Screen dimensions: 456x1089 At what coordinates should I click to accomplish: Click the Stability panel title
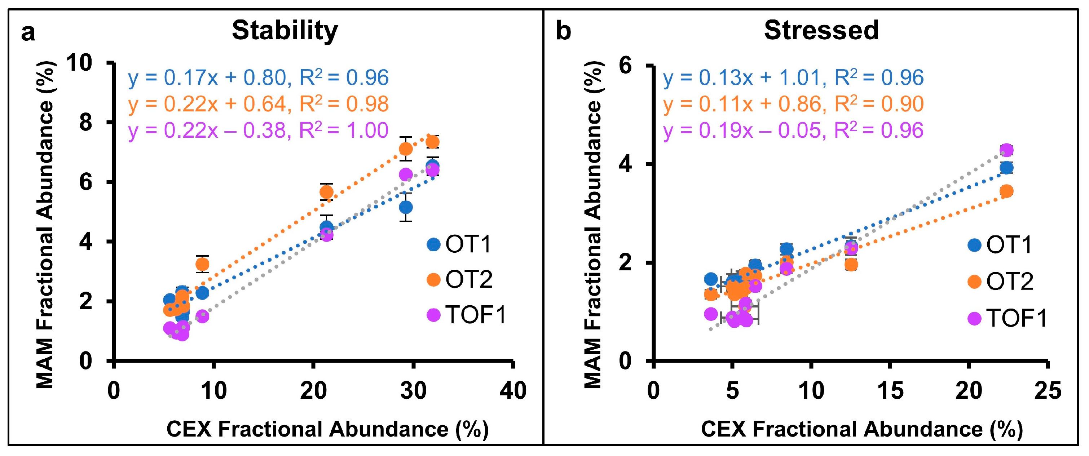pyautogui.click(x=285, y=30)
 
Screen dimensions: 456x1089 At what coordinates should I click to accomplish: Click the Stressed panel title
pyautogui.click(x=821, y=30)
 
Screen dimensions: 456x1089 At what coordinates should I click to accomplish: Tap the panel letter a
pyautogui.click(x=28, y=32)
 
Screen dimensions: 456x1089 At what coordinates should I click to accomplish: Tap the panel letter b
pyautogui.click(x=563, y=31)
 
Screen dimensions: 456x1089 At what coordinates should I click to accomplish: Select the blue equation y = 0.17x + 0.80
pyautogui.click(x=258, y=78)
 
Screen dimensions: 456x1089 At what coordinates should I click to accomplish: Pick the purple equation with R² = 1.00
pyautogui.click(x=258, y=130)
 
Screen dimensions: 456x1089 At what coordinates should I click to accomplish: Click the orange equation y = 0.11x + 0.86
pyautogui.click(x=793, y=104)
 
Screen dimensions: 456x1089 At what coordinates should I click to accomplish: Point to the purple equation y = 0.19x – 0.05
pyautogui.click(x=793, y=130)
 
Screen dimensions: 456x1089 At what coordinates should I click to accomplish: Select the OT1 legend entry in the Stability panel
pyautogui.click(x=460, y=244)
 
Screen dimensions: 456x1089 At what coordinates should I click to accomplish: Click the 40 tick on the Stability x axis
pyautogui.click(x=513, y=390)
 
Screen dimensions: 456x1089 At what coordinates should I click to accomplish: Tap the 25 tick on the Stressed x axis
pyautogui.click(x=1047, y=390)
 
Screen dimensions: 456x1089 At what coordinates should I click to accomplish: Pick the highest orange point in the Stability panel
pyautogui.click(x=432, y=142)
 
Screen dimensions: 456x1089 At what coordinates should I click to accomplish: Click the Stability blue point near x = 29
pyautogui.click(x=405, y=208)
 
